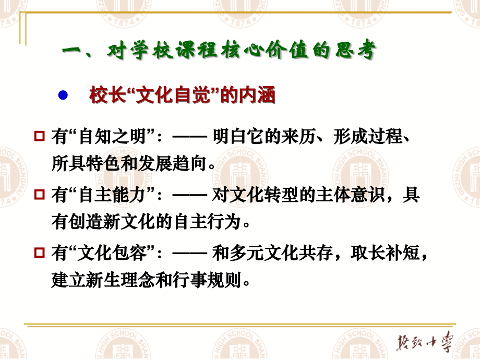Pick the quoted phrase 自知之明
(x=110, y=138)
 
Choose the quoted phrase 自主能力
(x=110, y=196)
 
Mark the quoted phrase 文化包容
(x=110, y=254)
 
